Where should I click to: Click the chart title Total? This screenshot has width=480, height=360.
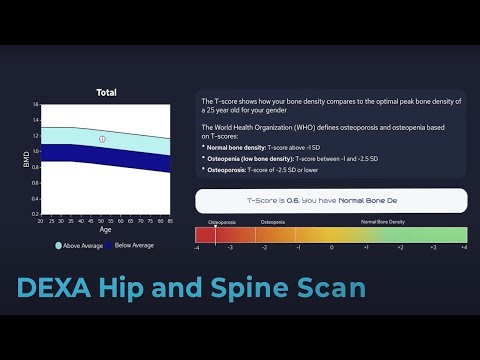point(106,92)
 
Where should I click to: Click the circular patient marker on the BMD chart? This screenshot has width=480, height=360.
point(102,139)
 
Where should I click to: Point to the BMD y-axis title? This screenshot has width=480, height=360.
point(27,159)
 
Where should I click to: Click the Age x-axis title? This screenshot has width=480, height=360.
point(105,229)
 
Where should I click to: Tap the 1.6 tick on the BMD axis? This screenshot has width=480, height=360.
point(35,105)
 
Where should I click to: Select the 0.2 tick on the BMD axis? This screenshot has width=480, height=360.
point(35,214)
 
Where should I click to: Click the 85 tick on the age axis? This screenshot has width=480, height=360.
point(171,220)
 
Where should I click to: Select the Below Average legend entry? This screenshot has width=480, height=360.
point(131,245)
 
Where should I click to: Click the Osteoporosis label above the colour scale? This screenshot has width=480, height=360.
point(222,221)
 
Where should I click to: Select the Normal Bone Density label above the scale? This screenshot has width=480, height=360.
point(382,221)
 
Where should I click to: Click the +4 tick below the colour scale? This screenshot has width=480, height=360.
point(464,246)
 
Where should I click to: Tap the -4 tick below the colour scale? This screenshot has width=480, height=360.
point(197,246)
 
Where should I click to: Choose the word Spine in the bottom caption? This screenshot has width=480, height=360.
point(251,289)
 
